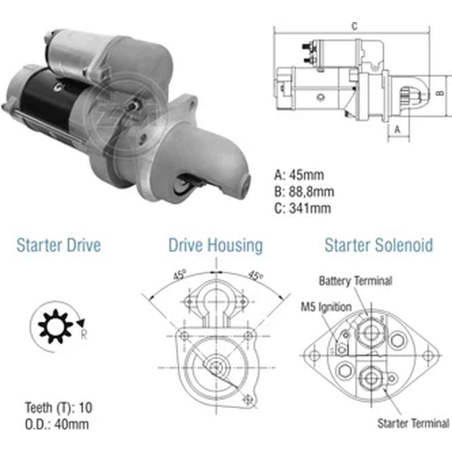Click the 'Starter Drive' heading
58,245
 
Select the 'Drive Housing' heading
215,245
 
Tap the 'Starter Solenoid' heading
378,245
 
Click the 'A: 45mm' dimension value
299,175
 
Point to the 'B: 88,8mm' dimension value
304,192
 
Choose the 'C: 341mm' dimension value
303,208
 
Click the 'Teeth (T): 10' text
59,408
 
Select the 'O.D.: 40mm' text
57,424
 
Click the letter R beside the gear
84,334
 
